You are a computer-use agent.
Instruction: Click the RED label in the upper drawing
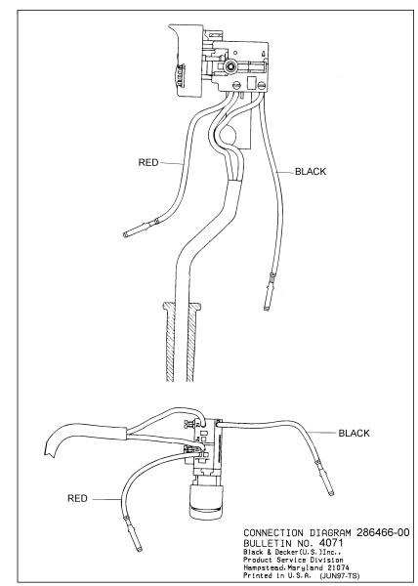tap(148, 162)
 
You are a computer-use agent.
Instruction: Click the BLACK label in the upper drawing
tap(311, 172)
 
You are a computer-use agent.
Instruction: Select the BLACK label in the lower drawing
tap(354, 433)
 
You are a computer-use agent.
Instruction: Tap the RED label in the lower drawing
tap(77, 498)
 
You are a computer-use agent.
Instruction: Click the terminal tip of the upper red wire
tap(125, 234)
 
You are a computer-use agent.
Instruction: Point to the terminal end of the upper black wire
tap(266, 309)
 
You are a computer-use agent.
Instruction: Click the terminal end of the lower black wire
tap(331, 493)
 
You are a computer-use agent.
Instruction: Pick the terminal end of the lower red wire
tap(140, 549)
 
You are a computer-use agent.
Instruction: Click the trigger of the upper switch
tap(186, 61)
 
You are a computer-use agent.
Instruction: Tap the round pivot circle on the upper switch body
tap(230, 66)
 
